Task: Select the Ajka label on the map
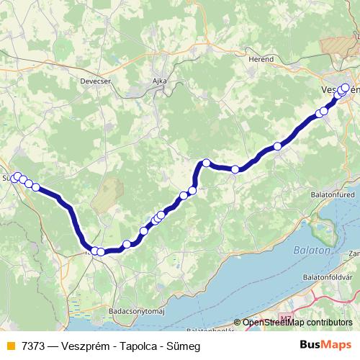159,81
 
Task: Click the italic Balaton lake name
311,251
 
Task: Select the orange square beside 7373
9,344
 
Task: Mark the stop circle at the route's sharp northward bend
206,163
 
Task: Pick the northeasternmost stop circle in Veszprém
345,88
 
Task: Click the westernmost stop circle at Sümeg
14,178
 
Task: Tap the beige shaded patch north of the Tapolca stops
108,194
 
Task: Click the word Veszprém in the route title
85,344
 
